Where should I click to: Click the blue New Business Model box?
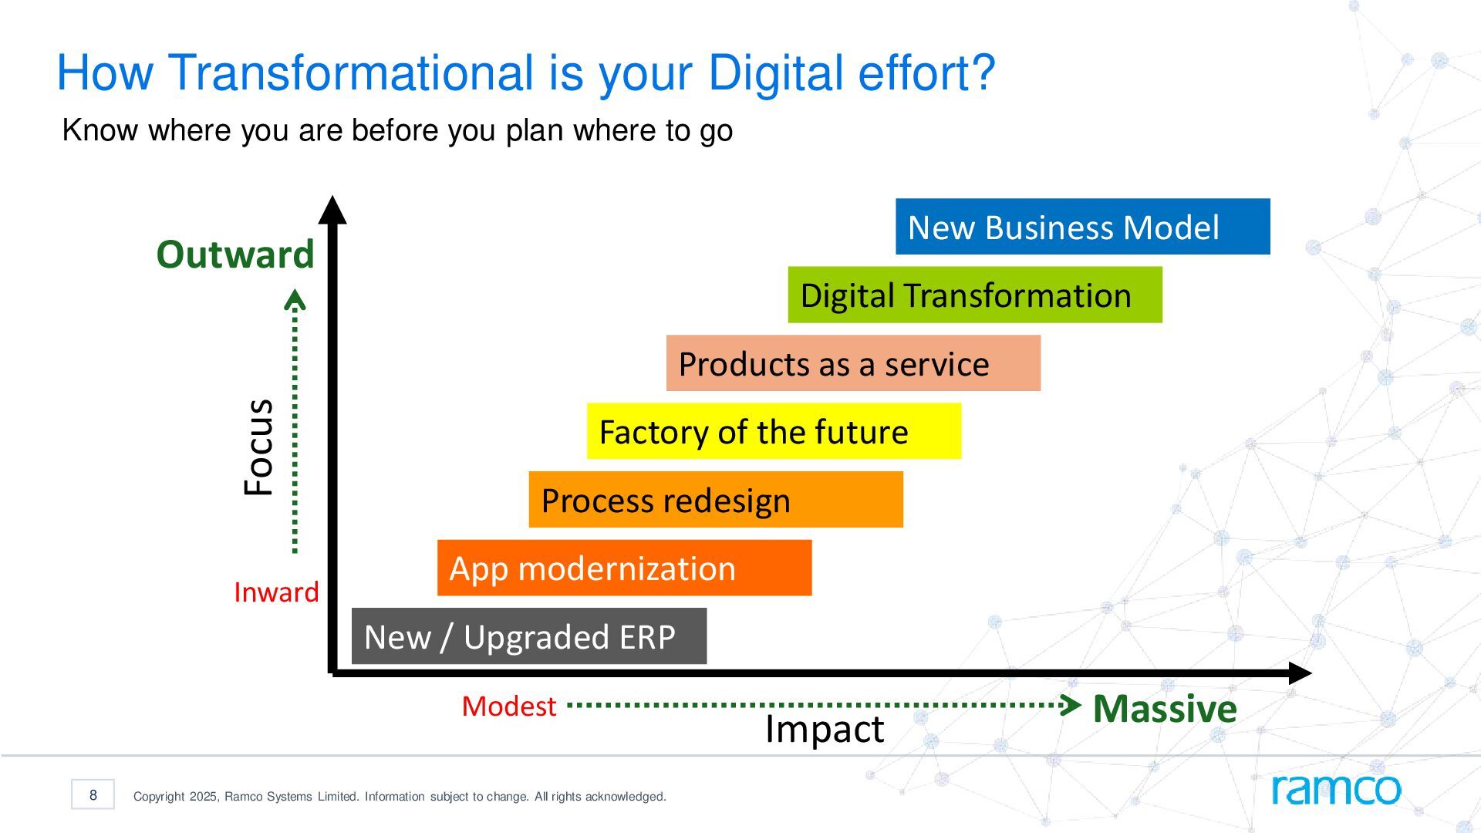point(1082,226)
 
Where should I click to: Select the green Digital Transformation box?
point(975,295)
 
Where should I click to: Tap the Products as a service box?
point(853,363)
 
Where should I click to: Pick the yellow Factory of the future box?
point(774,431)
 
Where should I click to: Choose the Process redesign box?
point(716,499)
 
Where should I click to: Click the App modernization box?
point(624,568)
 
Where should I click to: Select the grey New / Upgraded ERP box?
point(529,636)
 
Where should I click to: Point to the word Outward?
point(235,254)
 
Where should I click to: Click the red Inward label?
point(276,592)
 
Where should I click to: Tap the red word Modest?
point(509,707)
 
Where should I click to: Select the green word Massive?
point(1165,708)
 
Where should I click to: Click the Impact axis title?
point(825,729)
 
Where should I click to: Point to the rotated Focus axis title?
point(258,447)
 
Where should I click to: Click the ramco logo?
point(1336,788)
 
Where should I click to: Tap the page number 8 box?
point(93,794)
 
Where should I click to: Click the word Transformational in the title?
point(351,73)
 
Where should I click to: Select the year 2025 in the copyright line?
point(204,797)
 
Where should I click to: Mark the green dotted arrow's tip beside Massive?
point(1081,705)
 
